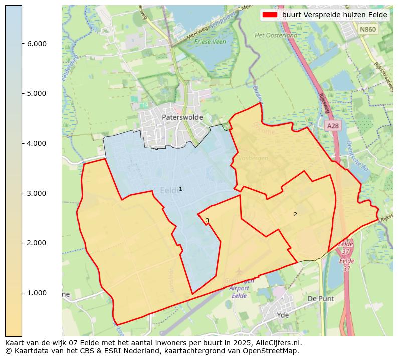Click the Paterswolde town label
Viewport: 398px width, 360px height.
[182, 117]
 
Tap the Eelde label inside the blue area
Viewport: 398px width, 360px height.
[171, 190]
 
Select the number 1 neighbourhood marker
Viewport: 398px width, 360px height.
[180, 189]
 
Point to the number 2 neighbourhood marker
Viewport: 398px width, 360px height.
[295, 214]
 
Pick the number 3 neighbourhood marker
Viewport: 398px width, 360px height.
[207, 220]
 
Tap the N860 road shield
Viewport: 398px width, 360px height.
[367, 30]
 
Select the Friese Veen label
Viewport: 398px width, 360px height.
[210, 42]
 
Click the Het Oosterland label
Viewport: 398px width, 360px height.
[276, 35]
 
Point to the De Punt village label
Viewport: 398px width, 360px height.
[320, 298]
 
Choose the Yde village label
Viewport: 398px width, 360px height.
[283, 315]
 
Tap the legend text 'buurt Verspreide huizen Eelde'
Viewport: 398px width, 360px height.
[334, 15]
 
